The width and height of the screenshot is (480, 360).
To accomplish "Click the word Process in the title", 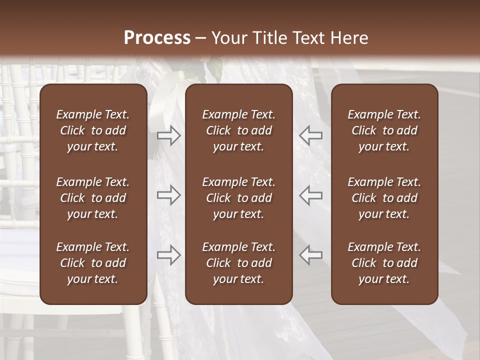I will point(157,38).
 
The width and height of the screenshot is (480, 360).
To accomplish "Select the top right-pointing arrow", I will point(168,135).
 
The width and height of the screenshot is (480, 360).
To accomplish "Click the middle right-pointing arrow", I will point(168,194).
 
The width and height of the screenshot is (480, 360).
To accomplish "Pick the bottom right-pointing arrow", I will point(168,254).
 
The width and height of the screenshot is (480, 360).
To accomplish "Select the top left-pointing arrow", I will point(311,135).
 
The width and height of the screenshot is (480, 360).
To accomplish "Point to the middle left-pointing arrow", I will point(311,194).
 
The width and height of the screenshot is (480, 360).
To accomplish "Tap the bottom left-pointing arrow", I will point(311,254).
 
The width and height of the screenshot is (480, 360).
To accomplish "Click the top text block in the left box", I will point(93,130).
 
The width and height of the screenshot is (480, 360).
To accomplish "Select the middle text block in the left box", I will point(93,198).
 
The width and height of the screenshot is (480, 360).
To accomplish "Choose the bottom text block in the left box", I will point(93,263).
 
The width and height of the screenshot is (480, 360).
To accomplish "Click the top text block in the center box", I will point(238,130).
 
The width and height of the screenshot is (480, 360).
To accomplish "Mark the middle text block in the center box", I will point(238,198).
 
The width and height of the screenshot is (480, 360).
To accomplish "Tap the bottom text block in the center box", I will point(238,263).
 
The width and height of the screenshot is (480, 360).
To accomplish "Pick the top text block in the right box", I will point(384,130).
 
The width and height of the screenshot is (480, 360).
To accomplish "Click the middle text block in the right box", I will point(384,198).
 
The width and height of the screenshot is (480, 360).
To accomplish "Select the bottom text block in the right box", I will point(384,263).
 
